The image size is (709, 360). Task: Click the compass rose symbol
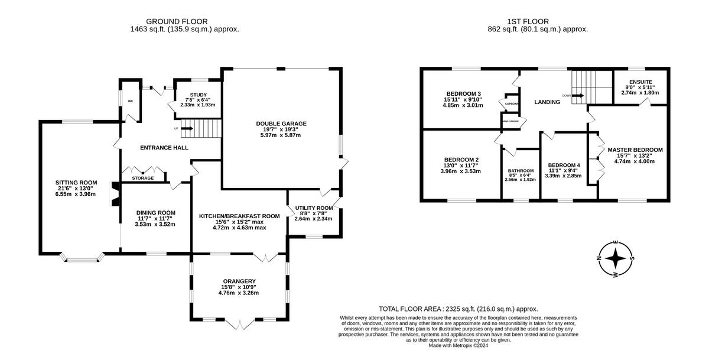coord(616,258)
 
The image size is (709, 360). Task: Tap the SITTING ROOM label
coord(76,182)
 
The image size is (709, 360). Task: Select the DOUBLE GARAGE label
coord(281,124)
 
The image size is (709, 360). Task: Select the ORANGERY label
coord(239,281)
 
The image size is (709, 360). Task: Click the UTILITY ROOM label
coord(313,209)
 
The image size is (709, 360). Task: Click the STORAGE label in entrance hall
coord(143,178)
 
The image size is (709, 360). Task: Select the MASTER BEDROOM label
coord(635,150)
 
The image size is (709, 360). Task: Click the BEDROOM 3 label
coord(463,94)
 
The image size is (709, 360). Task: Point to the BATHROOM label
coord(521,171)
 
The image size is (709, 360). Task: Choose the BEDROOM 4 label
coord(563,165)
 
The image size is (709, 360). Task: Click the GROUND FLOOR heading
coord(184,21)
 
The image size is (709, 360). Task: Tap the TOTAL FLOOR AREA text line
coord(458,309)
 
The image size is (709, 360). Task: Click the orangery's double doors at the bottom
coord(239,324)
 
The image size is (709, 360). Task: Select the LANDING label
coord(547,102)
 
